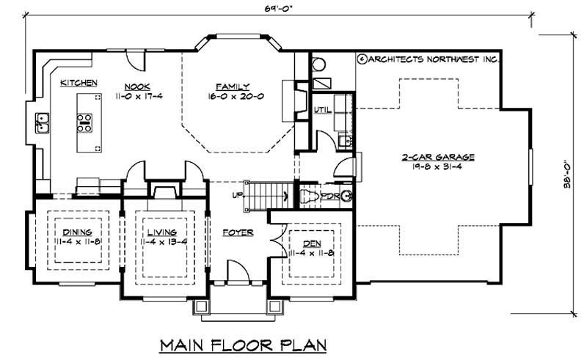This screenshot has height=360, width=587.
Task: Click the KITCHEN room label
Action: [x=79, y=84]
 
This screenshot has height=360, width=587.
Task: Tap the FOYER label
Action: [x=238, y=232]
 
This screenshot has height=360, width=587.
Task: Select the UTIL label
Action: [x=324, y=110]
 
